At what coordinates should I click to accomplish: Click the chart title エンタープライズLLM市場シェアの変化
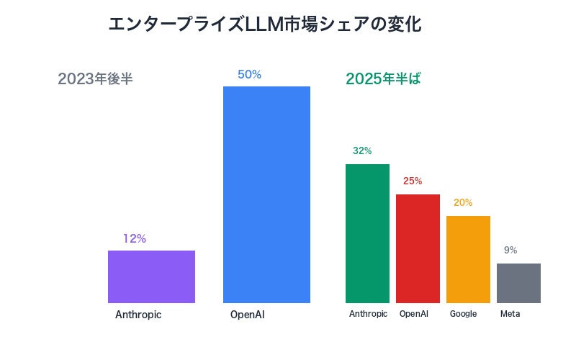point(265,24)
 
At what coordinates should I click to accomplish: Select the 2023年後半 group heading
point(95,79)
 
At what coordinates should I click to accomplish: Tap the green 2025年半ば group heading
point(383,79)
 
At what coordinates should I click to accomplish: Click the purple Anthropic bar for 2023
point(151,276)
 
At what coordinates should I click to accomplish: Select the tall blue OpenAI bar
point(266,194)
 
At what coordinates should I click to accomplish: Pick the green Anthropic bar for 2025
point(367,233)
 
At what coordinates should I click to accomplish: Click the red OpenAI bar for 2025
point(418,248)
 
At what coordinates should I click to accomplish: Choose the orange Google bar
point(468,259)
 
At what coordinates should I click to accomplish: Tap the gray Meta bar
point(518,283)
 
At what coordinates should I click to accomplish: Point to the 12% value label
point(135,238)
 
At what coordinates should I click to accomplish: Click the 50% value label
point(249,74)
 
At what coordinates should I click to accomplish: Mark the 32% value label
point(362,151)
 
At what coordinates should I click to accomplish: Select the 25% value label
point(413,181)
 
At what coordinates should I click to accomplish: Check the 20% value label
point(463,203)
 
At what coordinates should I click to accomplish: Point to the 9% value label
point(510,251)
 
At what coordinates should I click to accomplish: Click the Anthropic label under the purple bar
point(138,315)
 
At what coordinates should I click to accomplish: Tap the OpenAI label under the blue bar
point(248,315)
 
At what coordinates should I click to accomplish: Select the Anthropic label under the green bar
point(368,314)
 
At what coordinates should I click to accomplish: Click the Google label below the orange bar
point(463,314)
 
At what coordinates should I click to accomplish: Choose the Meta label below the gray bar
point(510,314)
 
